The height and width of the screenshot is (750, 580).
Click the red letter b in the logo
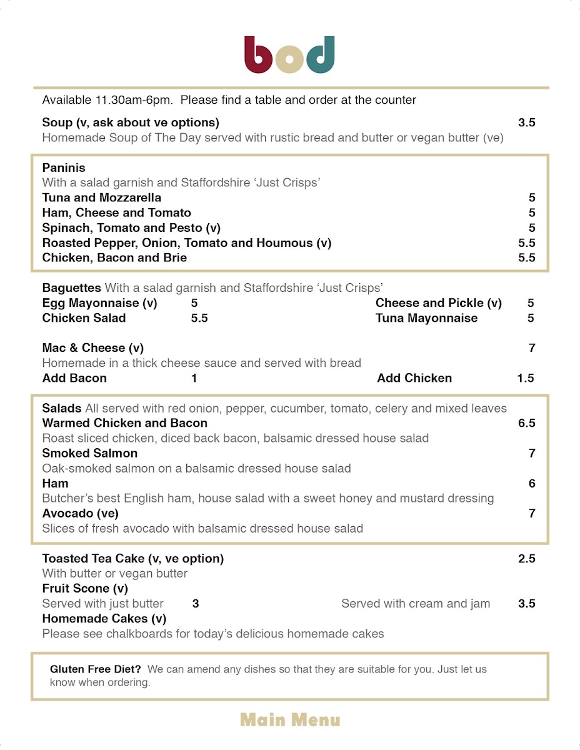click(257, 56)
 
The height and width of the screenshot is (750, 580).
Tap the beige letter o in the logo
click(289, 60)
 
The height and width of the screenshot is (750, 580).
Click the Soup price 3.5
click(526, 122)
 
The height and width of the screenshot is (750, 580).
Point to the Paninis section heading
click(64, 168)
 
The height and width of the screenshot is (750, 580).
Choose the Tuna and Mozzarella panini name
click(102, 198)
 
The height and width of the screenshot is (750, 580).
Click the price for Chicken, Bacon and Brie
click(526, 258)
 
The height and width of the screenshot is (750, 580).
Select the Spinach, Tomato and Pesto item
click(131, 228)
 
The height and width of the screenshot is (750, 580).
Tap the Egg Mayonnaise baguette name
click(100, 303)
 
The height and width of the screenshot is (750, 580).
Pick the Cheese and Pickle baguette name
click(439, 303)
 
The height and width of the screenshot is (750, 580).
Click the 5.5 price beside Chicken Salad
click(199, 318)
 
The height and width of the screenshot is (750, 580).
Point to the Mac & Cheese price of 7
click(532, 348)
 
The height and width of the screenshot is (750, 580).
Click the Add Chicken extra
click(414, 378)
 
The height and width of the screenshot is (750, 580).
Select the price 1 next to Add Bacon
click(194, 378)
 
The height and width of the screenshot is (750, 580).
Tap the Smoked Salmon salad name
click(90, 453)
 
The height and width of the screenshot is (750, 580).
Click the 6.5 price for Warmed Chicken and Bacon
click(526, 423)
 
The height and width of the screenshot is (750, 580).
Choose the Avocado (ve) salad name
click(81, 513)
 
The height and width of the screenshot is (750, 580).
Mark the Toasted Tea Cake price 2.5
click(526, 559)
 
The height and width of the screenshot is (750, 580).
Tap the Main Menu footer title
click(290, 720)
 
